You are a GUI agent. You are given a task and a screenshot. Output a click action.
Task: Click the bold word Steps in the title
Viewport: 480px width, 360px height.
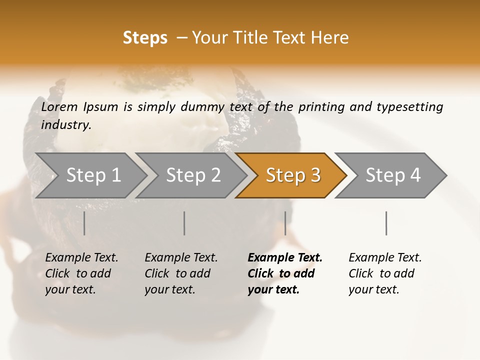(x=145, y=38)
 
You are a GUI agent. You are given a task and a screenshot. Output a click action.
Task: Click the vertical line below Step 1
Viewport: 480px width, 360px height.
(x=84, y=223)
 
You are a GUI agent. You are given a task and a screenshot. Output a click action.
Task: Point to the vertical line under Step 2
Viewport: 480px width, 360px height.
(x=184, y=223)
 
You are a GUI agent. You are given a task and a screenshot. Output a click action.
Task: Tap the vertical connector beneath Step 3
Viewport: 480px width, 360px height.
(x=285, y=223)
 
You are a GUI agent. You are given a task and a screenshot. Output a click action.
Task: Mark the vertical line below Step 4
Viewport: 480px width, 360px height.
(x=386, y=223)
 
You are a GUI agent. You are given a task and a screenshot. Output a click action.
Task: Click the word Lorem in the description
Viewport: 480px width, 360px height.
(x=59, y=107)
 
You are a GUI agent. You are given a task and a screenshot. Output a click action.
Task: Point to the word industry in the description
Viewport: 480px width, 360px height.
(x=66, y=125)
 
